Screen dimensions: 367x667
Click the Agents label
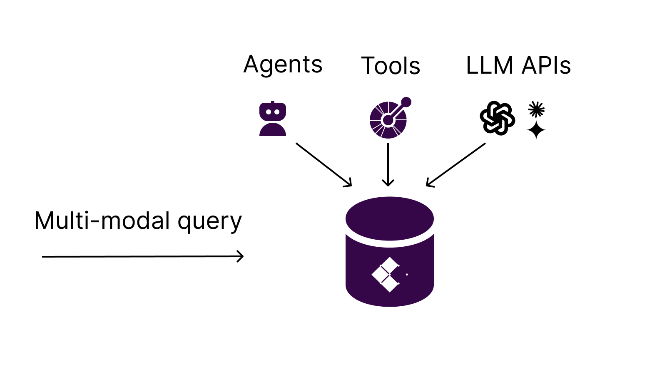coord(283,65)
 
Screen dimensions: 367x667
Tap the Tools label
coord(391,66)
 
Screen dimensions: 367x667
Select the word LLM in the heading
coord(490,66)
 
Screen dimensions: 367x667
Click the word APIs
coord(546,66)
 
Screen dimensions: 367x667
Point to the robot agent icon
coord(273,119)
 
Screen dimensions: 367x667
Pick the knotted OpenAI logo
coord(497,118)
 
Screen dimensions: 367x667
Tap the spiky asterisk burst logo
coord(536,109)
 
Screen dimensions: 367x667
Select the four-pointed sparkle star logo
coord(536,130)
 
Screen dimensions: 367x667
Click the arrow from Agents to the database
coord(324,165)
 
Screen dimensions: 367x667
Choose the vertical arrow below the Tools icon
coord(388,165)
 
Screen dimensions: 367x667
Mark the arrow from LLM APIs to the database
coord(456,165)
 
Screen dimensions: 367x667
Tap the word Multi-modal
coord(102,221)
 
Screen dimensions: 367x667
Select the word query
coord(210,221)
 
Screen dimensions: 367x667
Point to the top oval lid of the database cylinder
coord(390,218)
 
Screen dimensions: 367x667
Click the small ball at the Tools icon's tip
coord(406,102)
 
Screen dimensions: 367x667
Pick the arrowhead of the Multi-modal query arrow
coord(241,256)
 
